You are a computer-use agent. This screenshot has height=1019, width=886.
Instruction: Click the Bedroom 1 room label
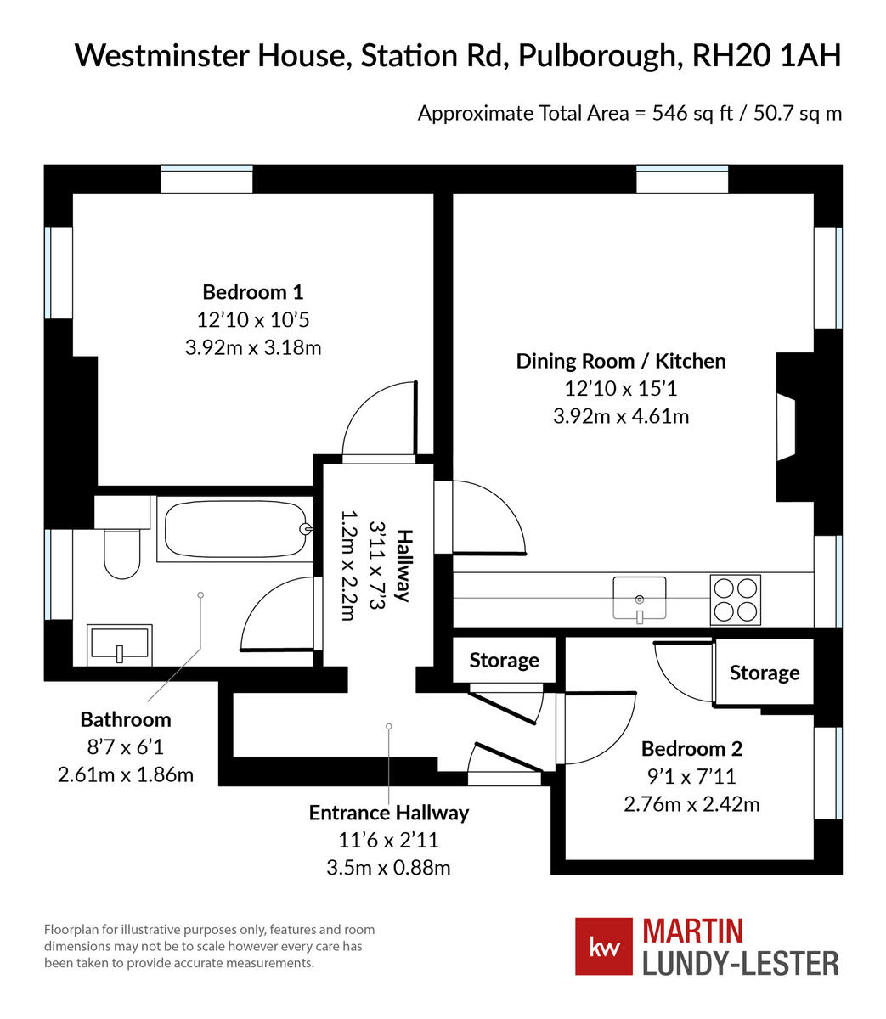[252, 292]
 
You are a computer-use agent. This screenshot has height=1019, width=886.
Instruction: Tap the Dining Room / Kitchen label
[621, 361]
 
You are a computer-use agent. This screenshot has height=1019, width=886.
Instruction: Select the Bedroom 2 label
[691, 748]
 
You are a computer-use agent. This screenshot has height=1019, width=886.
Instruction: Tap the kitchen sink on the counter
[640, 598]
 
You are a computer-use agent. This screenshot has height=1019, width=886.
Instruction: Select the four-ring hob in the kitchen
[735, 600]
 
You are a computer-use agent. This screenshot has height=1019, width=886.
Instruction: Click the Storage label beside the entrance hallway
[504, 660]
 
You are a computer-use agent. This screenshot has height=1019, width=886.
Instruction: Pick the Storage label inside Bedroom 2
[764, 673]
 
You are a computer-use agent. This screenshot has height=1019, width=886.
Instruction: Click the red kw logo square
[603, 946]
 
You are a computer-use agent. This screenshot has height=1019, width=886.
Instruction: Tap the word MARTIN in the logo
[692, 931]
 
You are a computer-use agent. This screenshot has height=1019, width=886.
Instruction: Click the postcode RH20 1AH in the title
[766, 56]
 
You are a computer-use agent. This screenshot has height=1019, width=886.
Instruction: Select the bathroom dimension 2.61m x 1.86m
[125, 774]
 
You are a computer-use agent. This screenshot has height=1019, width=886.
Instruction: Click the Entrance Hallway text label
[388, 813]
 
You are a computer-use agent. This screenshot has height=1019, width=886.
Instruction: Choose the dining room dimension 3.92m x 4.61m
[620, 416]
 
